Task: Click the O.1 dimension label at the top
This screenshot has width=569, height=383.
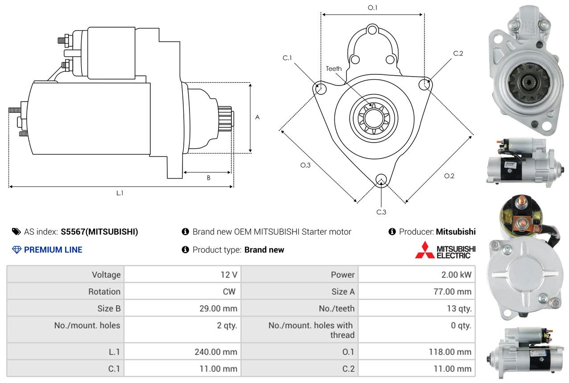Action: (372, 8)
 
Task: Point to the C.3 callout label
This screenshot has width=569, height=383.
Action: (381, 212)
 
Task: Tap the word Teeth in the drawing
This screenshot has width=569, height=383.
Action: (334, 69)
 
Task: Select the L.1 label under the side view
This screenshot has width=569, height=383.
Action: (120, 193)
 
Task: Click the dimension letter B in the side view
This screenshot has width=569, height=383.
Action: (209, 178)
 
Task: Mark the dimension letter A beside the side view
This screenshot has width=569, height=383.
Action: (257, 117)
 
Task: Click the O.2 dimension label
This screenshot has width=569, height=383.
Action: (449, 176)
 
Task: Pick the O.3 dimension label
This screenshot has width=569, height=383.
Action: (305, 165)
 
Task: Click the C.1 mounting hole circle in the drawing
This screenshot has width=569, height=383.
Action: (320, 88)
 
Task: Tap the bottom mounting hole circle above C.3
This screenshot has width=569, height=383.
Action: (381, 180)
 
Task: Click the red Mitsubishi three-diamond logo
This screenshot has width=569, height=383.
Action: (425, 250)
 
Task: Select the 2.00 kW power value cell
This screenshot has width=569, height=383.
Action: (416, 274)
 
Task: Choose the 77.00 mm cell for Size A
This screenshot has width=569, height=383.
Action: (416, 291)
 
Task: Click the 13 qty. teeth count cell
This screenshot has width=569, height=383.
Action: (416, 308)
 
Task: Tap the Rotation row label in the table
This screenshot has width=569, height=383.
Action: (104, 292)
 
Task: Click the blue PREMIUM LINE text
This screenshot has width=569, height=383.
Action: (53, 250)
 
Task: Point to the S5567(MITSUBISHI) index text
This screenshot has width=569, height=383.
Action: (99, 232)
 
